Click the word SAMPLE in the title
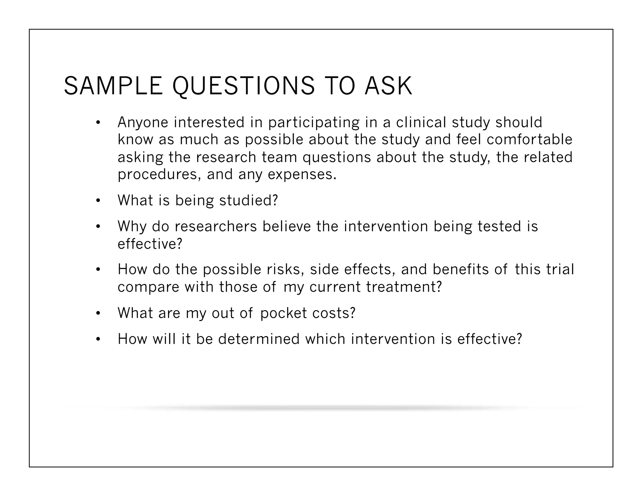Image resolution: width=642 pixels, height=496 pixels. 113,86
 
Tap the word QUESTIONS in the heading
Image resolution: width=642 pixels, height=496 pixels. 243,86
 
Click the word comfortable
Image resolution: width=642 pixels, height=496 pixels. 529,140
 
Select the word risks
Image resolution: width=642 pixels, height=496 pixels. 285,270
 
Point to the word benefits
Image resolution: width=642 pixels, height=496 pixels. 460,270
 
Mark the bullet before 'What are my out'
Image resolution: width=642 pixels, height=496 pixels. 98,313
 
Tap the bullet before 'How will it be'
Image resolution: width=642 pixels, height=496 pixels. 98,339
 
